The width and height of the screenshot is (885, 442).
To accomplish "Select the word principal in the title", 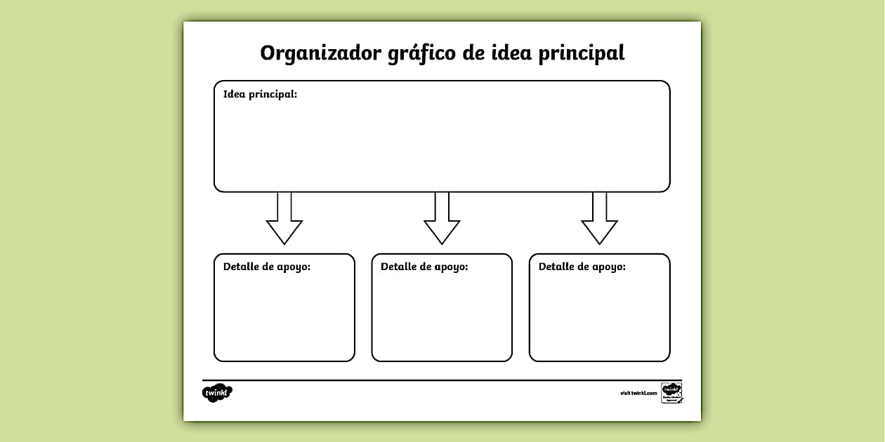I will click(x=581, y=54).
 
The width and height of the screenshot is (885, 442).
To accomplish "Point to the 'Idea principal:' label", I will click(x=260, y=94).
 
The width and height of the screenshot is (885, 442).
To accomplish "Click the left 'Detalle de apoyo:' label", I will click(x=267, y=267).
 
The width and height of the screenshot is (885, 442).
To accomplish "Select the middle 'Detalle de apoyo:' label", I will click(x=424, y=267).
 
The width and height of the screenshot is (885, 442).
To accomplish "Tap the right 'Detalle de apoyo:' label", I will click(x=582, y=267).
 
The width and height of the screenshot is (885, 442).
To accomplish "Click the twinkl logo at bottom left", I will click(x=217, y=394).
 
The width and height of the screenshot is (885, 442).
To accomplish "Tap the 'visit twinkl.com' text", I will click(x=638, y=393).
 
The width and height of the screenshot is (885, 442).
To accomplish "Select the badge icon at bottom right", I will click(x=671, y=393).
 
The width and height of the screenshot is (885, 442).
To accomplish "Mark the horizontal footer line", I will click(x=442, y=380).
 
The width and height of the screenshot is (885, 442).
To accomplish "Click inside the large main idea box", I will click(x=442, y=144).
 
